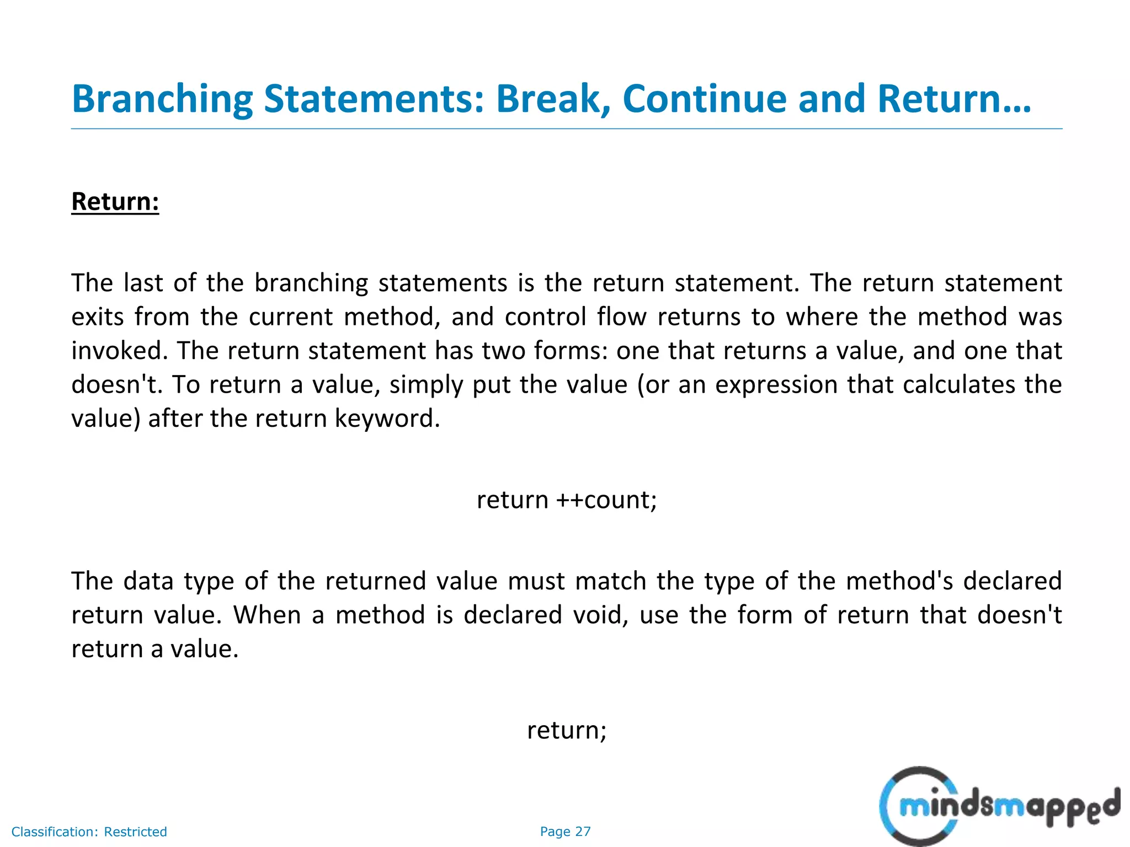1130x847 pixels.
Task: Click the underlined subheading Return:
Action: (x=115, y=202)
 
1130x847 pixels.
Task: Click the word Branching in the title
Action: (x=162, y=99)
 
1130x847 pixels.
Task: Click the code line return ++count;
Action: (x=567, y=500)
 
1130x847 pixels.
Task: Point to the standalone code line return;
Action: (x=567, y=730)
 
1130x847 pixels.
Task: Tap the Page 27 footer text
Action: (x=565, y=832)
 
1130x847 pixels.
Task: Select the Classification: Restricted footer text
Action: (x=89, y=832)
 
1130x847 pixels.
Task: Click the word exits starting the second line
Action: (x=97, y=317)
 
